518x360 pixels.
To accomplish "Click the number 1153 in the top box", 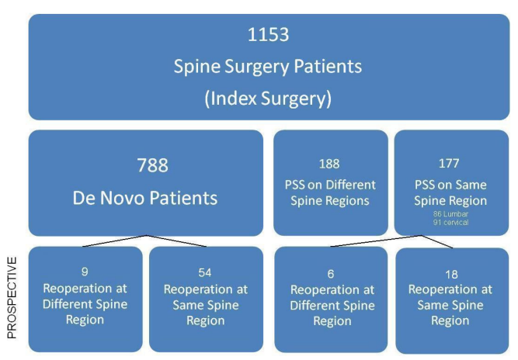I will tap(268, 36).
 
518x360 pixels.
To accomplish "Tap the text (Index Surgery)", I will tap(268, 96).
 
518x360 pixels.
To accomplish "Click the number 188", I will tap(330, 164).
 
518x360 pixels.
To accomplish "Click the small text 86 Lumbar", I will tap(451, 213).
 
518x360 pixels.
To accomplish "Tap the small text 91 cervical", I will tap(451, 222).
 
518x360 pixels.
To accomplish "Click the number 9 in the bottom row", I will tap(86, 273).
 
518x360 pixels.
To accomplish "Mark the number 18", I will tap(451, 274).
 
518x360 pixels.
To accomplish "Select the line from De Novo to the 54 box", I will tap(177, 241).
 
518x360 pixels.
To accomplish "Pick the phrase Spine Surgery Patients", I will tap(268, 67).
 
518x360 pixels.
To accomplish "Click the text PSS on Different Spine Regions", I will tap(330, 192).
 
